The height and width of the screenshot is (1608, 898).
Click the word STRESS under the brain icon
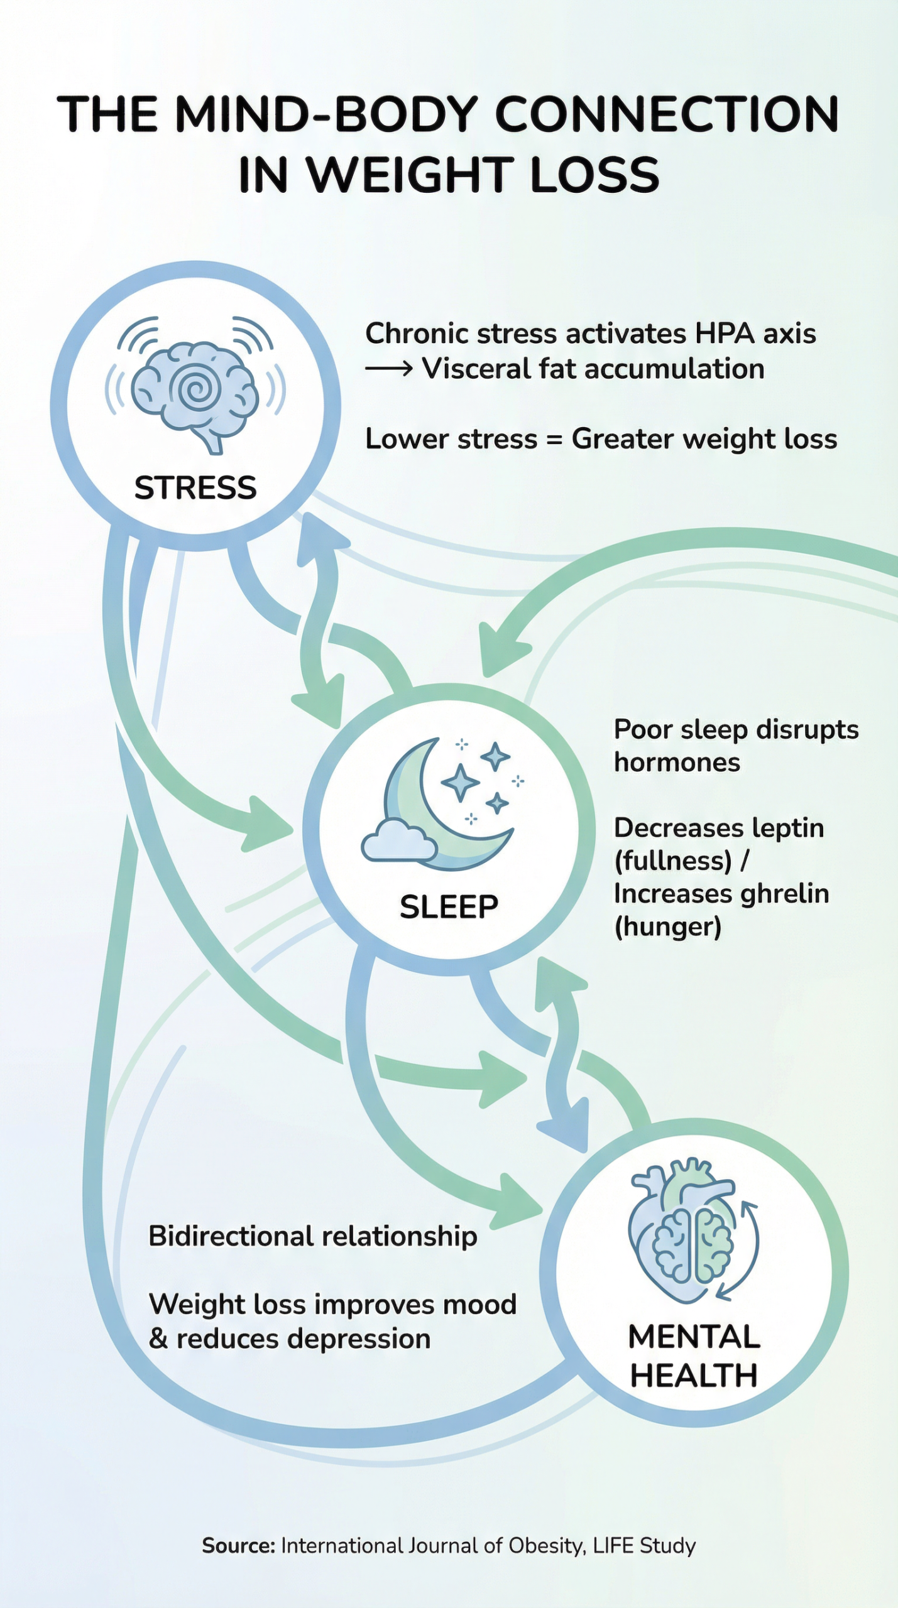[x=195, y=488]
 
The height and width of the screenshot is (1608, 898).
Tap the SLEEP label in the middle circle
[x=449, y=907]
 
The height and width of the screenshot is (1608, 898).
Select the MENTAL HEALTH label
[x=694, y=1356]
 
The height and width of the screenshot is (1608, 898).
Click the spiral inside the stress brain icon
[x=197, y=389]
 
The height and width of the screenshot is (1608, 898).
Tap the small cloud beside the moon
[x=398, y=840]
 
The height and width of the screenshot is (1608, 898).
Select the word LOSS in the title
[x=594, y=175]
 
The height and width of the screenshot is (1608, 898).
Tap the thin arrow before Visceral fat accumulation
[x=388, y=369]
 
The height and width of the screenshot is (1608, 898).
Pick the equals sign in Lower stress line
[x=554, y=439]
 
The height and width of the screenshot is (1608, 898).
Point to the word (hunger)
[x=667, y=927]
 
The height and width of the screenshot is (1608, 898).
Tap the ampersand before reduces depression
[x=158, y=1339]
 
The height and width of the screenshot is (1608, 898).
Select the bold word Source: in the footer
[x=238, y=1546]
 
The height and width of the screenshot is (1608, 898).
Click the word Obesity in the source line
[x=547, y=1546]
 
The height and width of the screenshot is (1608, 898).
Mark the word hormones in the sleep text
[x=677, y=763]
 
